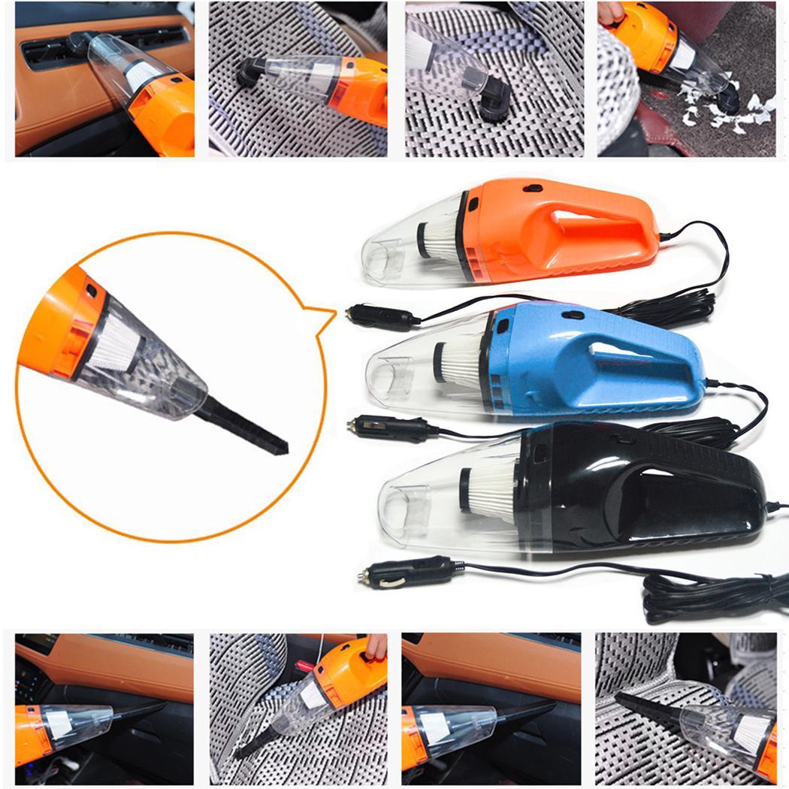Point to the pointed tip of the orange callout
coord(334,310)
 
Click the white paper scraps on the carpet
coord(721,113)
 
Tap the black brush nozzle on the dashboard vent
coord(78,41)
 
